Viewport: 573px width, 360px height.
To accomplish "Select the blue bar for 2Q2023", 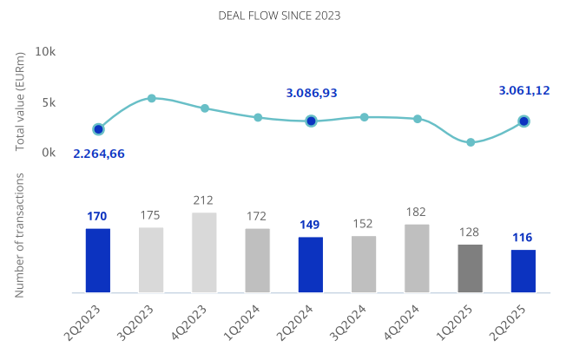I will [98, 260].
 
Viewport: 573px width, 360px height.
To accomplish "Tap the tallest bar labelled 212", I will [204, 252].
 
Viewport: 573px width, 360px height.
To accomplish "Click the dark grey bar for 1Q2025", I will [470, 268].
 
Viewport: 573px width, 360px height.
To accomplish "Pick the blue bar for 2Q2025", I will [524, 271].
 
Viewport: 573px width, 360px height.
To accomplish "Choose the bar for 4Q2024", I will [417, 259].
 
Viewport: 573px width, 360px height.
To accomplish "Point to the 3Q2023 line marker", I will [151, 99].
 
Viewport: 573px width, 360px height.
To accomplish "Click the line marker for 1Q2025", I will [471, 142].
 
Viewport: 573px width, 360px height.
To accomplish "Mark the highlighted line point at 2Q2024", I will [311, 121].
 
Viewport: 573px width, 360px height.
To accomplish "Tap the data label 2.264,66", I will [99, 154].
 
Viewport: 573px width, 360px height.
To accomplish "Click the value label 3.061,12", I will [524, 90].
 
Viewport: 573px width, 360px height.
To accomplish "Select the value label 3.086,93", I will [312, 93].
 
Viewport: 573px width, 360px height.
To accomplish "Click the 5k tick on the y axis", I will [48, 102].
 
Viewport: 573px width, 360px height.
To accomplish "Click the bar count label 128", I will [470, 232].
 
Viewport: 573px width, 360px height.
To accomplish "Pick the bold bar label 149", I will [310, 225].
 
